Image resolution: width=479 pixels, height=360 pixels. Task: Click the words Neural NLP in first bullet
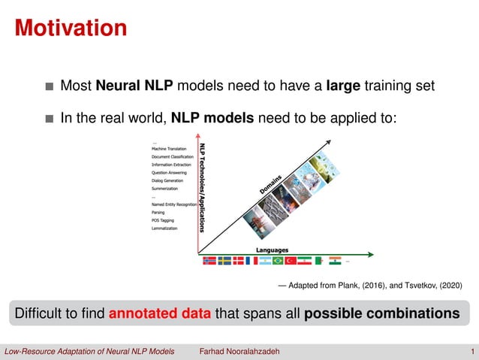pos(134,86)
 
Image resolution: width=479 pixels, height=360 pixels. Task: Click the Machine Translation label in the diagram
pos(169,149)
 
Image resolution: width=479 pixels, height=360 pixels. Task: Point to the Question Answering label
pos(169,172)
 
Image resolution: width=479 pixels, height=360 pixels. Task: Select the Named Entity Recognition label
pos(174,204)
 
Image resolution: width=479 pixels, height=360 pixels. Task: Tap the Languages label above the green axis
pos(273,250)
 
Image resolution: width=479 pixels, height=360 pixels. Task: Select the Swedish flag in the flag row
pos(224,261)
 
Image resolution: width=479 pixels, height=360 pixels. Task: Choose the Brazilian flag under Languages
pos(278,261)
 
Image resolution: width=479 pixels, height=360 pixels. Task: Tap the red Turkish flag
pos(291,261)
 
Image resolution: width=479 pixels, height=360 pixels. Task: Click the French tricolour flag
pos(252,261)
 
